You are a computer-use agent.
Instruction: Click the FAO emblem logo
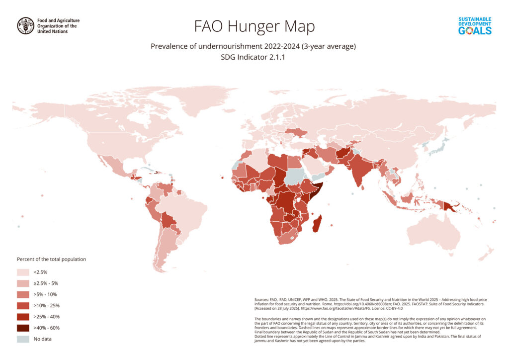26,26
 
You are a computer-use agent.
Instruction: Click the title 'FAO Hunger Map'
254,26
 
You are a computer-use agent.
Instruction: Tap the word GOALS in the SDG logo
475,31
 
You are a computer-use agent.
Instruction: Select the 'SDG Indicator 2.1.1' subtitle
254,57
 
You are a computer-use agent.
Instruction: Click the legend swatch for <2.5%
23,272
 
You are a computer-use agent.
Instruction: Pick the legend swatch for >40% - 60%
23,328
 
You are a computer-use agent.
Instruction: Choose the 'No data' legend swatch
23,339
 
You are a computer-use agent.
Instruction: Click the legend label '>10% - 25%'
46,305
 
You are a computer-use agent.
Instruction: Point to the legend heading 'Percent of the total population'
52,260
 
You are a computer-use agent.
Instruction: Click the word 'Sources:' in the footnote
262,300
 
